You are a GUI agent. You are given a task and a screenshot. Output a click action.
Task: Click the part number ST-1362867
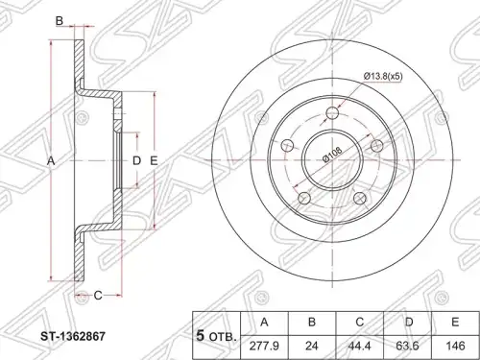point(73,336)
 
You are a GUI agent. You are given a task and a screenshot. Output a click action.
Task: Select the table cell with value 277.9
point(264,347)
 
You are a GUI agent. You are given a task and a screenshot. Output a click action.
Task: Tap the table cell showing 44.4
point(360,347)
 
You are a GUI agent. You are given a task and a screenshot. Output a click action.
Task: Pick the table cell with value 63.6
point(407,347)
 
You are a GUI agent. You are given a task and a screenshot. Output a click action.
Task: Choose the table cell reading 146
point(455,347)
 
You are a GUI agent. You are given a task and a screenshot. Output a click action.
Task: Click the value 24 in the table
point(312,347)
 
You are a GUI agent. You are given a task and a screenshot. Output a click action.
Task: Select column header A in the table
point(264,323)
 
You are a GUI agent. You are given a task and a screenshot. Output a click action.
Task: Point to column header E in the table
point(455,323)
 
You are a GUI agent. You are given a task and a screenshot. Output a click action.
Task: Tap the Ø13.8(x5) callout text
point(383,76)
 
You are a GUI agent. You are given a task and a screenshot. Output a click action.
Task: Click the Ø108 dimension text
point(333,155)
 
